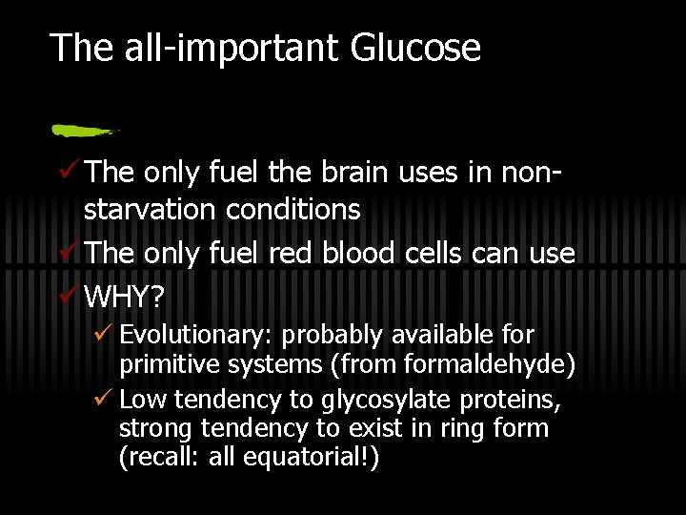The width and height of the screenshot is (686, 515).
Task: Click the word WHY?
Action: point(125,298)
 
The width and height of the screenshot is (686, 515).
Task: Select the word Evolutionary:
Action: point(197,336)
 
